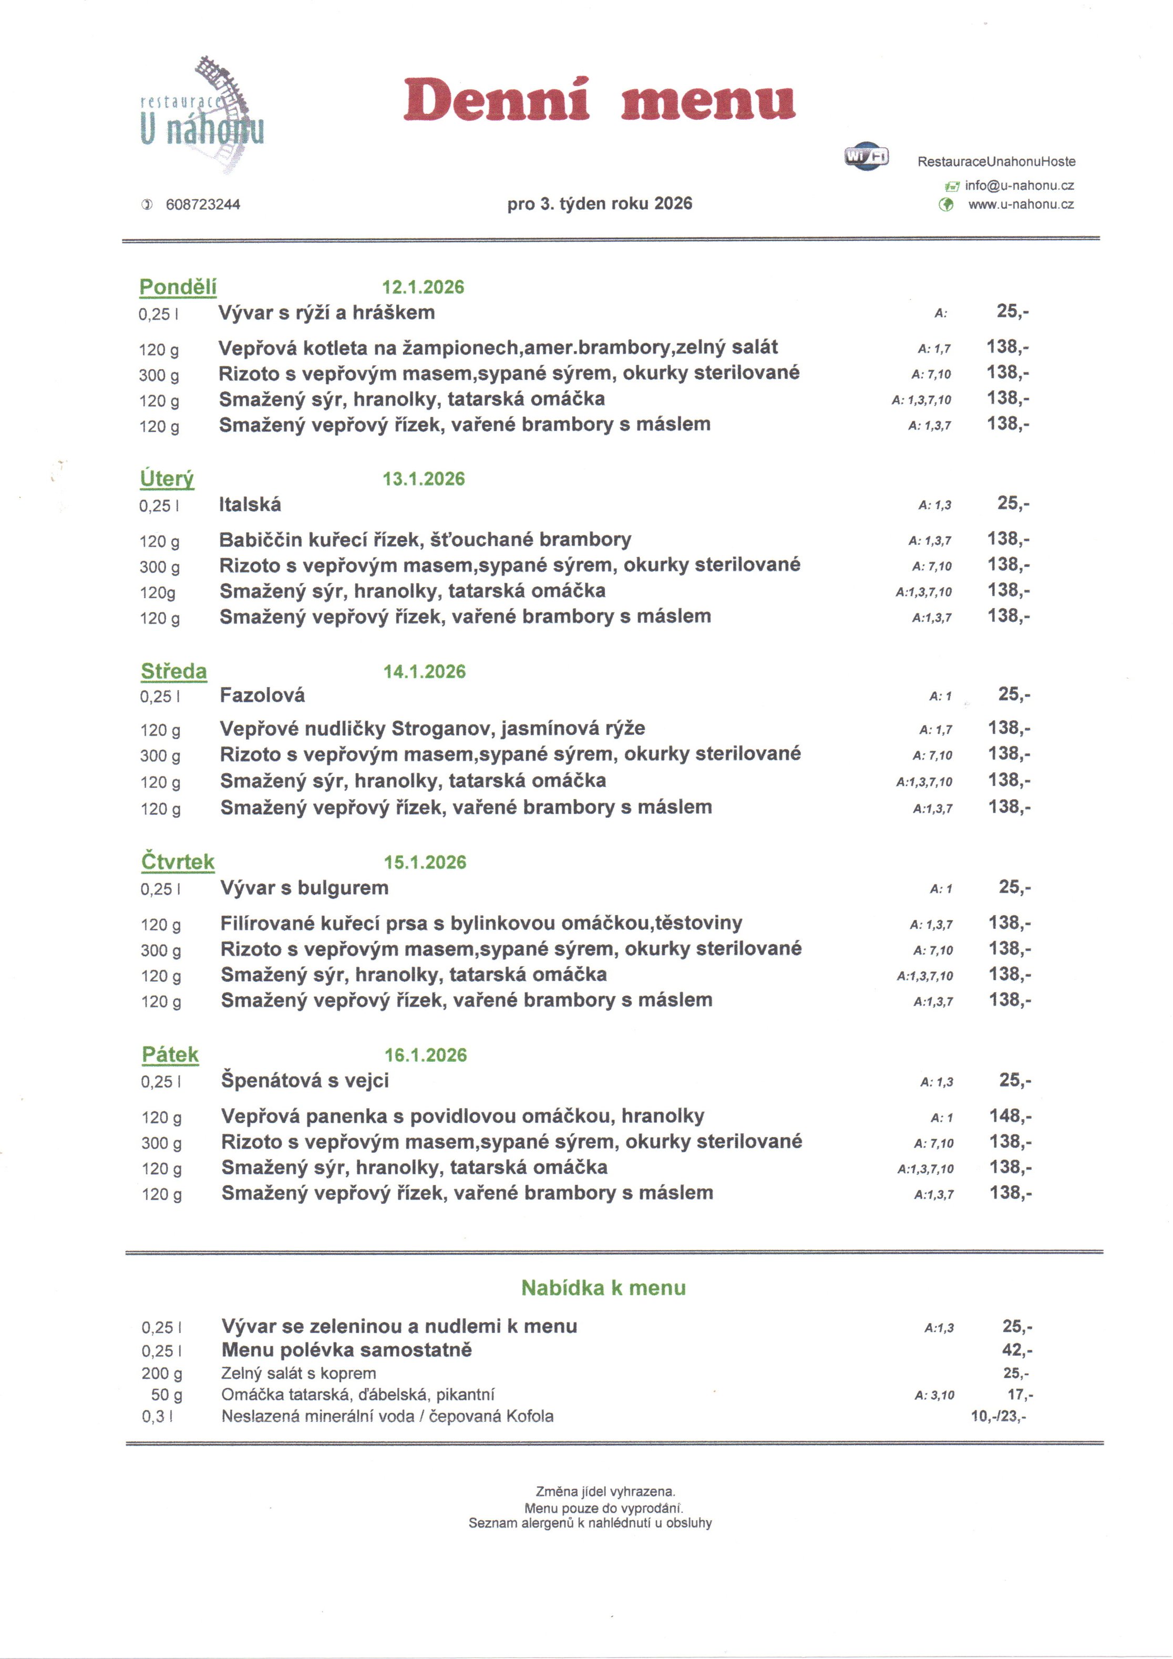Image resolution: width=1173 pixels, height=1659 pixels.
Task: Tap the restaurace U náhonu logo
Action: click(203, 116)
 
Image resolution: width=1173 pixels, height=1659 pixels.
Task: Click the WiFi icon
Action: click(866, 156)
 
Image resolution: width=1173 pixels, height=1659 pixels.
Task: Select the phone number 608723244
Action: click(203, 204)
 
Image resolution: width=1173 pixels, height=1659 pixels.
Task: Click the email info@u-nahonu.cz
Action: click(1018, 186)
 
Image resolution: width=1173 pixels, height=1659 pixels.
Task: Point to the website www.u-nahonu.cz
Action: click(1020, 204)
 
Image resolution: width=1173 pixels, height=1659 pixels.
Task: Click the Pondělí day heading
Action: click(178, 287)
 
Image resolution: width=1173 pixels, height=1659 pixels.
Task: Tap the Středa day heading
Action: click(173, 671)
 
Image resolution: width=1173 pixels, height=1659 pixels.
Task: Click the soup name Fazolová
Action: click(262, 695)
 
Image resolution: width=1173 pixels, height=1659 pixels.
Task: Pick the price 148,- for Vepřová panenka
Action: click(1010, 1115)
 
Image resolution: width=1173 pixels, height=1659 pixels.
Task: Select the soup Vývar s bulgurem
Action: click(304, 887)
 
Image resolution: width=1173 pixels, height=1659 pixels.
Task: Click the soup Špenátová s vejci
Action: click(305, 1080)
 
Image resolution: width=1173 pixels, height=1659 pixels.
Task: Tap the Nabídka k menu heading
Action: click(603, 1287)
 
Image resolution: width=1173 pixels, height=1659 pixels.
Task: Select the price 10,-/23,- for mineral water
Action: click(998, 1416)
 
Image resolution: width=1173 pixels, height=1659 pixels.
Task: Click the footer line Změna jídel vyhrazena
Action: click(605, 1491)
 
